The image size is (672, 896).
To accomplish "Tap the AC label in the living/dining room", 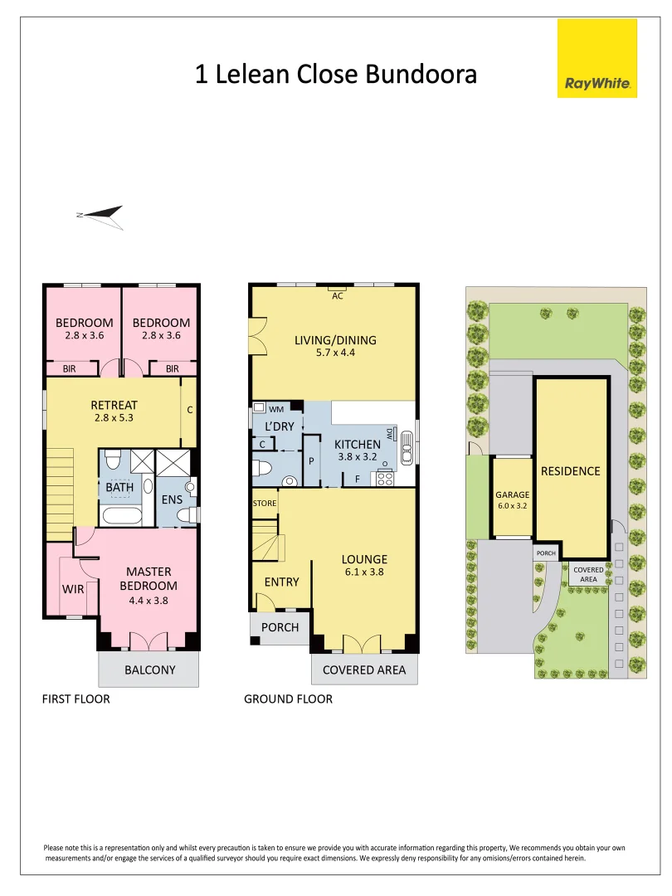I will pos(338,295).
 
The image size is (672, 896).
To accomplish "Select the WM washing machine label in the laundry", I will pos(276,409).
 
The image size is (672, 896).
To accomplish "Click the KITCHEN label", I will pos(358,445).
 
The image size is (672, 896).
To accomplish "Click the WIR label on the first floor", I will pos(73,590).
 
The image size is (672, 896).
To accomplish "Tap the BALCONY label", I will pos(149,670).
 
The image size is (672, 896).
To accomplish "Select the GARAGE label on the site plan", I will pos(512,494).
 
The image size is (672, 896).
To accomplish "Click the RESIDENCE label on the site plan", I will pos(570,471).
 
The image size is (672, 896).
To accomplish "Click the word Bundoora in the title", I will pos(423,75).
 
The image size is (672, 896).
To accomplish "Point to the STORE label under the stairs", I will pos(265,504).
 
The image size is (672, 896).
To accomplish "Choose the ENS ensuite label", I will pos(172,499).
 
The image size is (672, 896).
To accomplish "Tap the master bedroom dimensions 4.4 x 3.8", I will pos(149,600).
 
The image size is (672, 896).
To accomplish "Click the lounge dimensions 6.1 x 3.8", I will pos(364,572).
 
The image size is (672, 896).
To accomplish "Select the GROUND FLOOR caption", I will pos(288,699).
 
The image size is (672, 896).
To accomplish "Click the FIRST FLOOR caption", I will pos(75,699).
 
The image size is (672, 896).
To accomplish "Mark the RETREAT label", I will pos(114,405).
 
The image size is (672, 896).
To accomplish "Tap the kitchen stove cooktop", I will pos(385,478).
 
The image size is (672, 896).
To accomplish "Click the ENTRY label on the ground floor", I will pos(281,582).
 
